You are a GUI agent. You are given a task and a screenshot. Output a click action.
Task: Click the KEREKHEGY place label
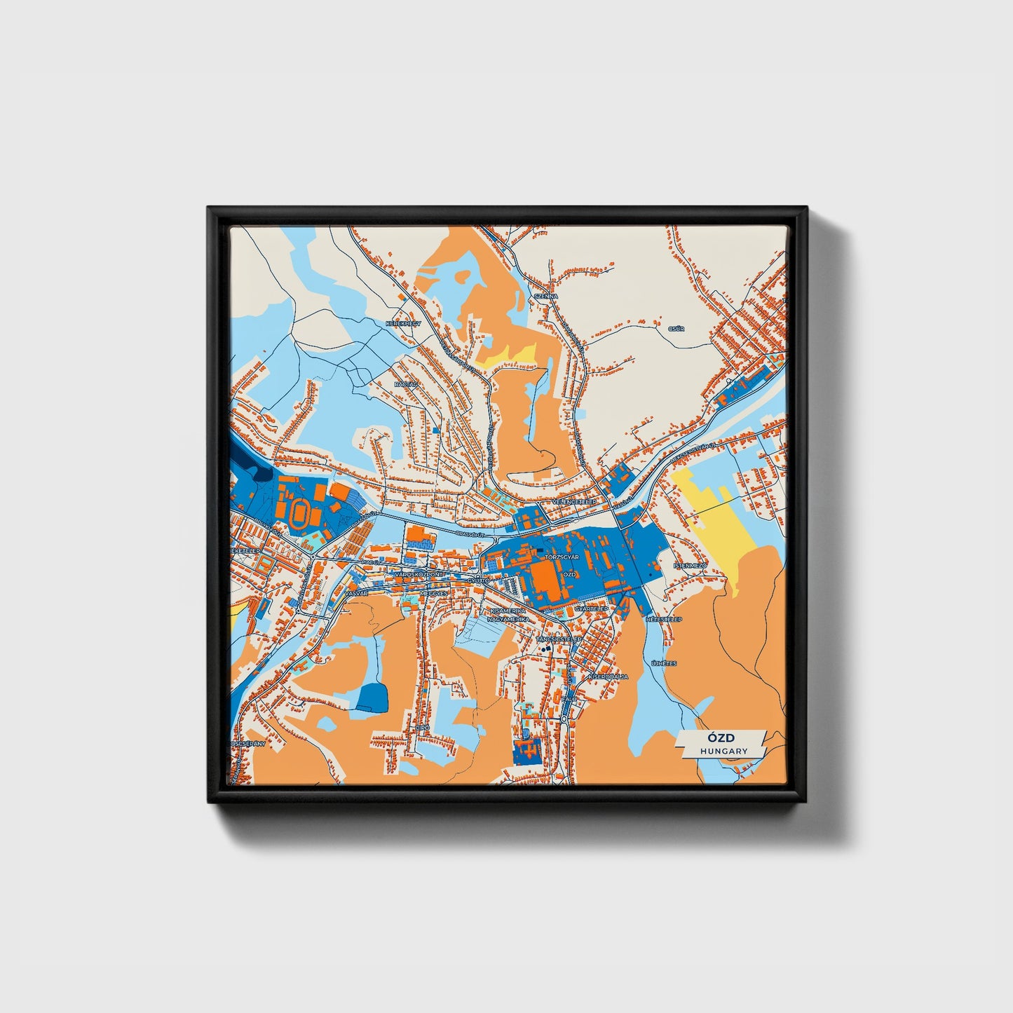(402, 324)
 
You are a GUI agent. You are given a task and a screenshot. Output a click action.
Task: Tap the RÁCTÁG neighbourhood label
(406, 385)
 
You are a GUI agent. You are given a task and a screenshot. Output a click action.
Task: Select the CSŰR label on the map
(677, 328)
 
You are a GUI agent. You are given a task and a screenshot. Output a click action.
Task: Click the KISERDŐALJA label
(609, 677)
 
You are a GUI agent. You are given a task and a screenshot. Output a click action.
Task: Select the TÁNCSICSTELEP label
(559, 639)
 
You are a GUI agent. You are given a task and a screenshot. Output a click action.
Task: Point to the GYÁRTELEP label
(591, 609)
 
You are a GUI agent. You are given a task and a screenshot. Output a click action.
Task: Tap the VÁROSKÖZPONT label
(419, 574)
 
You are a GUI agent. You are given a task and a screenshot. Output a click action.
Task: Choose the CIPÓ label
(422, 728)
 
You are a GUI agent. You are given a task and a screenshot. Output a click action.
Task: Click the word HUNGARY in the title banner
(723, 751)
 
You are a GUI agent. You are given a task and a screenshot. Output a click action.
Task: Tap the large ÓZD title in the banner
(721, 738)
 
